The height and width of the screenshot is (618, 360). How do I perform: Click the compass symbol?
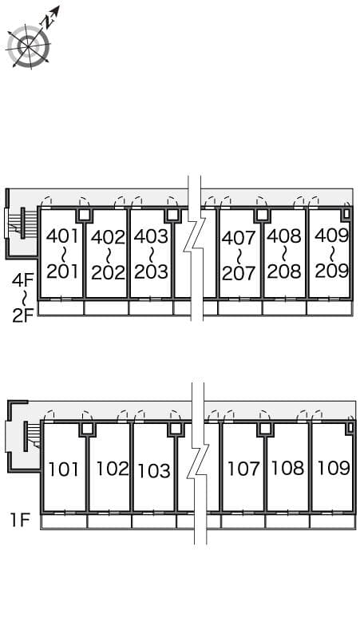pos(29,46)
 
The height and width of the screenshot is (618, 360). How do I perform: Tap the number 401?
pos(62,236)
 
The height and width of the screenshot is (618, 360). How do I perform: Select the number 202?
pos(108,272)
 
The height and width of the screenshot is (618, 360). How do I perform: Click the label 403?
pos(151,236)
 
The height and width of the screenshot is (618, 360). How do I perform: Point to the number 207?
pos(239,273)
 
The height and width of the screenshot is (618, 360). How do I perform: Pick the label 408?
pos(283,236)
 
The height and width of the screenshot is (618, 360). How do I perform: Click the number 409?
pos(331,236)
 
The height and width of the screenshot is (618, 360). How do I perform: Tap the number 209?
pos(331,271)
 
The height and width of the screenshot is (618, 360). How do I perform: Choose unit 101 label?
pos(64,469)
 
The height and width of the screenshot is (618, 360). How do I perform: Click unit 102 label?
pos(112,469)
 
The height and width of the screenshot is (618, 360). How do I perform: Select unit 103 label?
pos(154,470)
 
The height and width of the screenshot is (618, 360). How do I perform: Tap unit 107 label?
pos(243,469)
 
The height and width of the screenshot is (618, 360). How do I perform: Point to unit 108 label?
pos(287,469)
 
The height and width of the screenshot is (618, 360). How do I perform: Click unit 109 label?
pos(333,467)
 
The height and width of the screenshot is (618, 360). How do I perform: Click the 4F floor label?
pos(22,280)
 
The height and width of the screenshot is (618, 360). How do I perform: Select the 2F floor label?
pos(22,315)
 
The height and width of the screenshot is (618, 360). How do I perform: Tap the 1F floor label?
pos(20,522)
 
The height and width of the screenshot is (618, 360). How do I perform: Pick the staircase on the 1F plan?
pos(31,434)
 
